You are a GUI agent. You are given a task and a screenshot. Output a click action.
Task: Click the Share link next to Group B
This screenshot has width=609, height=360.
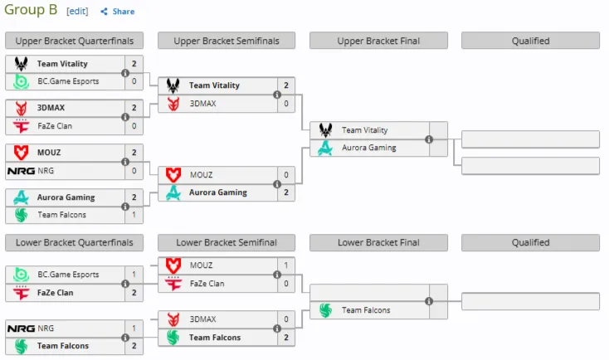[117, 12]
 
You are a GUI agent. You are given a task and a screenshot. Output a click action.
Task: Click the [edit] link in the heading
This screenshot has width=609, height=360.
[77, 12]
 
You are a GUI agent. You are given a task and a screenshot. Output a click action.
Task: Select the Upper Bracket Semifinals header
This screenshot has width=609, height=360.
[227, 41]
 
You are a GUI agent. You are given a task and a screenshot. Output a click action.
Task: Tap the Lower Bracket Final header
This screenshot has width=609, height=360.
[378, 243]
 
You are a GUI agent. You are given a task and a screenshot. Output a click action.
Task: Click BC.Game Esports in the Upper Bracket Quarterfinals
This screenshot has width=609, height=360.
[68, 81]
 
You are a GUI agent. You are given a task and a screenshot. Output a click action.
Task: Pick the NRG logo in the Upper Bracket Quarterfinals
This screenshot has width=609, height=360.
[21, 171]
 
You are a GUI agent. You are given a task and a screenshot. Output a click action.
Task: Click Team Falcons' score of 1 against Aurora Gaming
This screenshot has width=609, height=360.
[134, 215]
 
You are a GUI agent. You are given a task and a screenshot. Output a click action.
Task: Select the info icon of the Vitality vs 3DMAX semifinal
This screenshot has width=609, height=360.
[277, 95]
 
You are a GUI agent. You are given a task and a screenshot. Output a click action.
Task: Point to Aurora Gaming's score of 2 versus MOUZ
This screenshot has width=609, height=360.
[286, 192]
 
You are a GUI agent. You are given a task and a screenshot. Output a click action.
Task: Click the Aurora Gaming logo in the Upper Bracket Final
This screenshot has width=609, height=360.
[325, 148]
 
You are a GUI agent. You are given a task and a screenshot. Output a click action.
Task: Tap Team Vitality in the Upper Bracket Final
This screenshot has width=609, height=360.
[365, 130]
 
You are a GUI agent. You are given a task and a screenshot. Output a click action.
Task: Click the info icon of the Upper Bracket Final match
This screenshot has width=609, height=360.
[429, 139]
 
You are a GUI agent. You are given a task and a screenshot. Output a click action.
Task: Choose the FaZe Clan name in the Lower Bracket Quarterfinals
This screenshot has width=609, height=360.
[55, 293]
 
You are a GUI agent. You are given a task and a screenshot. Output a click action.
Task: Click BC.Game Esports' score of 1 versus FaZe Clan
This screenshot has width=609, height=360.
[134, 275]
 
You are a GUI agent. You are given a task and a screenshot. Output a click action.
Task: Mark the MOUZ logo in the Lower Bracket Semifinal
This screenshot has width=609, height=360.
[173, 265]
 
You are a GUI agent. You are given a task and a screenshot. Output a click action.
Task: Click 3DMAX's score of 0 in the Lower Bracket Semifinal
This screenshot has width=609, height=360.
[286, 319]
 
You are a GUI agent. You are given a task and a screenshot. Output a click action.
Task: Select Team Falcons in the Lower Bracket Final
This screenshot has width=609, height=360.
[366, 310]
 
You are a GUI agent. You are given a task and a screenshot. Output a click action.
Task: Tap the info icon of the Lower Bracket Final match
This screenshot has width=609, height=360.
[429, 301]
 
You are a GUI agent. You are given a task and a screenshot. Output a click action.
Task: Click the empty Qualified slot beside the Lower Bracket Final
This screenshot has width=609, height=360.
[530, 301]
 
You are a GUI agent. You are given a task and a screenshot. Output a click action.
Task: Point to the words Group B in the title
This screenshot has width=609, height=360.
[31, 10]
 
